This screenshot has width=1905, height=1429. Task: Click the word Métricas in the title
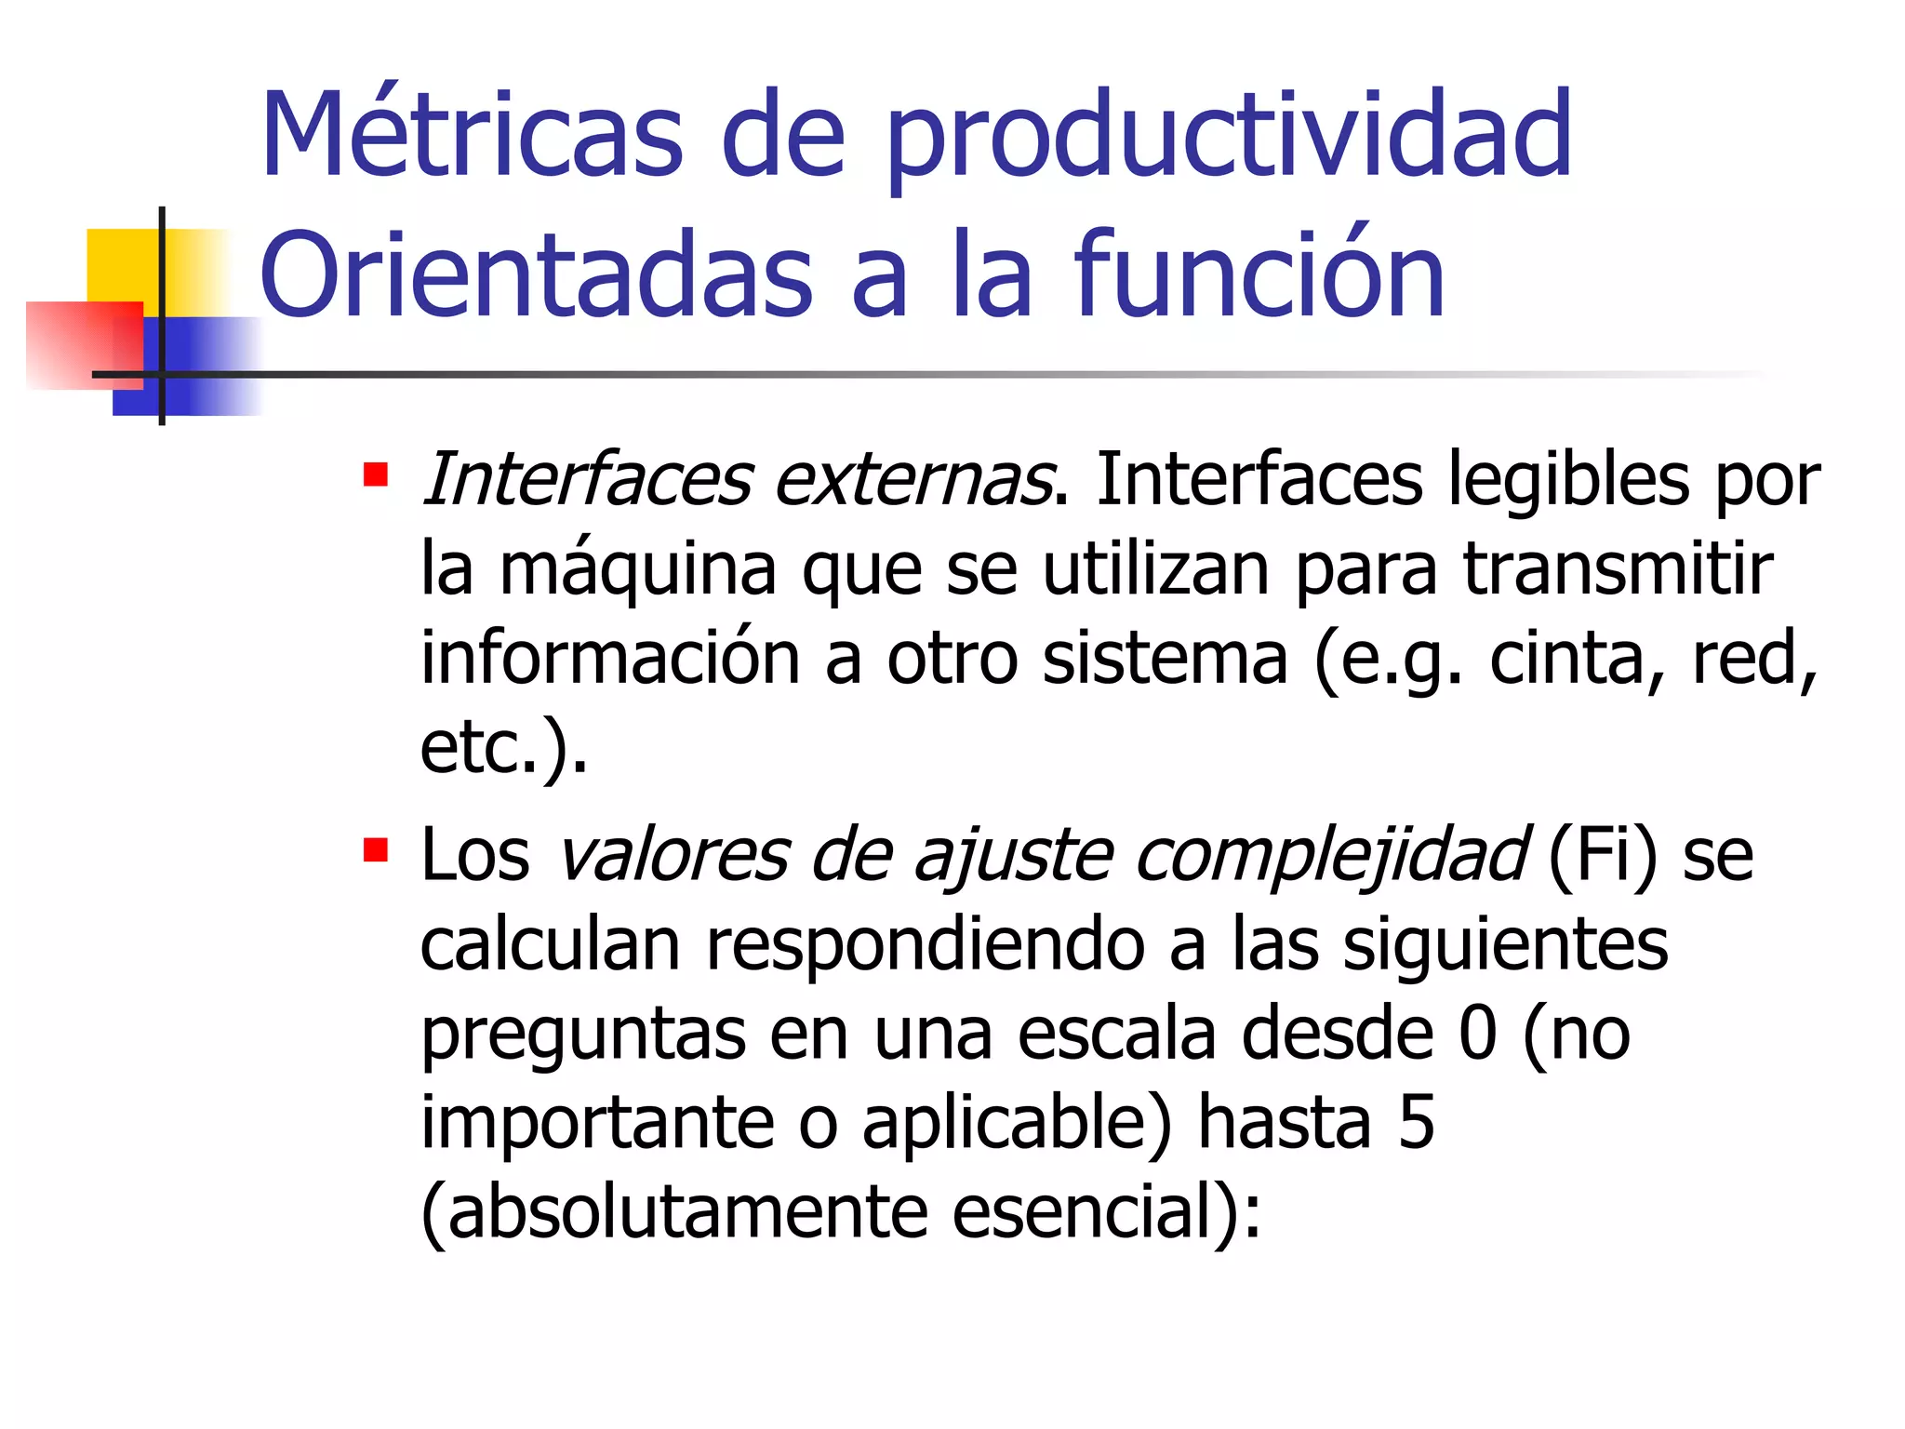coord(473,135)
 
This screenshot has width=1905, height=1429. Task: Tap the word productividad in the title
coord(1228,140)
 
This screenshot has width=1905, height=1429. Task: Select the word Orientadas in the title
coord(537,276)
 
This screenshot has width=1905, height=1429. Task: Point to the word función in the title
coord(1259,276)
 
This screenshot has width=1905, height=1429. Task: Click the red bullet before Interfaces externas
coord(376,475)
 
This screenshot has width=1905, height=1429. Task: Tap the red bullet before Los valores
coord(376,850)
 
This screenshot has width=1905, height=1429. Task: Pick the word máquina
coord(638,570)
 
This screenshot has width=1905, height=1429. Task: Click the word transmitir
coord(1619,568)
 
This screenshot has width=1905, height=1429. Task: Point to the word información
coord(610,658)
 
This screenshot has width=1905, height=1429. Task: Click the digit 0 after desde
coord(1478,1034)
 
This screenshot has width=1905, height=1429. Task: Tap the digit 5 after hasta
coord(1416,1123)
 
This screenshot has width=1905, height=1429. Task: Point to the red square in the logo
coord(84,344)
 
